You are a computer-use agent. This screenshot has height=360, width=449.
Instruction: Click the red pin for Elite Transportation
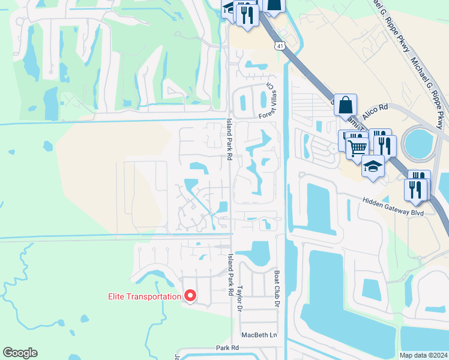point(191,296)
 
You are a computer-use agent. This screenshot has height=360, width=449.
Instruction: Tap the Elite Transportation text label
point(144,296)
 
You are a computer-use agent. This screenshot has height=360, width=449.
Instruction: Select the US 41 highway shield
point(280,46)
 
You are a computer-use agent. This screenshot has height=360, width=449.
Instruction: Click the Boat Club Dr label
point(277,297)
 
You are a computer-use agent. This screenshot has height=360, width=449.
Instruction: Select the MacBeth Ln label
point(260,335)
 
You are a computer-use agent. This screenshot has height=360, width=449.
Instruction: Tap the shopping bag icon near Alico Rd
point(345,105)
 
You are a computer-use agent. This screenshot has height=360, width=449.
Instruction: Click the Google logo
point(20,353)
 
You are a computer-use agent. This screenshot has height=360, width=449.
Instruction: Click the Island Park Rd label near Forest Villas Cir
point(229,138)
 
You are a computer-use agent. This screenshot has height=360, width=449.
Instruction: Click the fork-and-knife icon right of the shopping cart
point(384,144)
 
